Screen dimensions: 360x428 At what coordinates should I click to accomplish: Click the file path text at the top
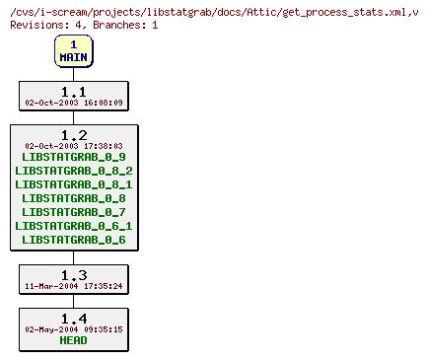[211, 11]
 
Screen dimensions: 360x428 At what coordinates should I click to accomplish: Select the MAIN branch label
[73, 57]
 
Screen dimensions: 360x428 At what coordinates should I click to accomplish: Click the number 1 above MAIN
[73, 44]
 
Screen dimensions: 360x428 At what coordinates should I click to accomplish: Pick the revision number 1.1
[73, 91]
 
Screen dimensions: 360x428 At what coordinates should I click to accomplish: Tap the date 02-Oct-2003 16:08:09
[73, 102]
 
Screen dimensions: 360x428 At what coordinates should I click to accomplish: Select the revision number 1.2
[73, 134]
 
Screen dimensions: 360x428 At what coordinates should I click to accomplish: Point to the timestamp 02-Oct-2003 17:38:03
[73, 145]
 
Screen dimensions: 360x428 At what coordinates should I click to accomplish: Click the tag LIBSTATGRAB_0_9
[73, 157]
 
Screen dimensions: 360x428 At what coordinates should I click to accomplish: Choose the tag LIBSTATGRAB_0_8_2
[73, 171]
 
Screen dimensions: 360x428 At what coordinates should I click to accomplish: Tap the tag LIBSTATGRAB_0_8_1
[73, 184]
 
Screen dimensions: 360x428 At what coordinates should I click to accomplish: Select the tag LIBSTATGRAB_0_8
[73, 198]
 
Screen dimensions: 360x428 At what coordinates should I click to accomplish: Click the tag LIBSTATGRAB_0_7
[73, 212]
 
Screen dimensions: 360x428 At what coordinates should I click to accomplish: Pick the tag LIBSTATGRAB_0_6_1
[73, 226]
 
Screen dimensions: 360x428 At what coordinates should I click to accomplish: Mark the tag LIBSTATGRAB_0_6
[73, 240]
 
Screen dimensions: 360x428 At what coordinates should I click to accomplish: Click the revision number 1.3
[73, 274]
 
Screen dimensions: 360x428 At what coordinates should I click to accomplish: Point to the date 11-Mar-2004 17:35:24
[73, 286]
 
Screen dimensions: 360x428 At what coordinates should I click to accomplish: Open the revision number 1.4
[73, 318]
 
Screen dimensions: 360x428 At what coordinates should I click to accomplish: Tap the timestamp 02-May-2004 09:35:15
[73, 329]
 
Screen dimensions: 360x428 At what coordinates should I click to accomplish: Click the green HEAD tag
[73, 341]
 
